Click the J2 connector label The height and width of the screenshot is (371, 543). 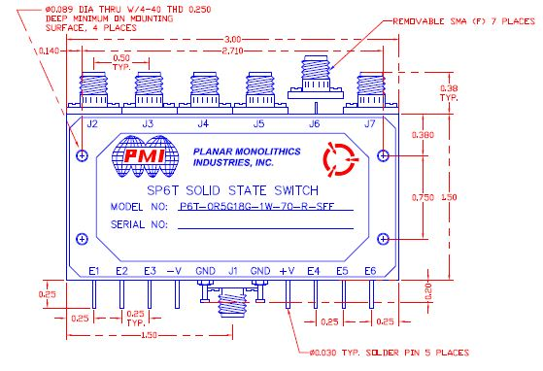[x=92, y=123]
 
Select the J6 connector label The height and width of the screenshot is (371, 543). [x=314, y=123]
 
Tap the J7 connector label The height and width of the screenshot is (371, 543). [x=368, y=123]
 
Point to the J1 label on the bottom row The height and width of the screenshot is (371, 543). [x=233, y=270]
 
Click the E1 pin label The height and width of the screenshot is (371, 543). [x=94, y=270]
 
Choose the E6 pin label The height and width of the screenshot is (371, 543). [x=369, y=270]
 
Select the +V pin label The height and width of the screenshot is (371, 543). [x=287, y=270]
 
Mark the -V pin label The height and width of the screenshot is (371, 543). [x=175, y=270]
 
